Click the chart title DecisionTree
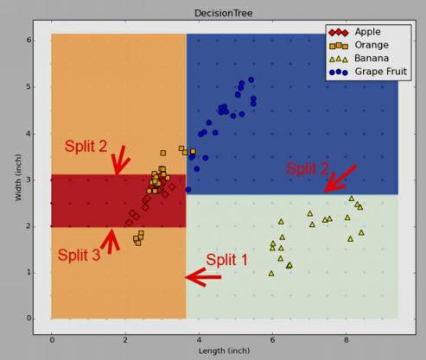point(224,13)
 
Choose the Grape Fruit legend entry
point(368,72)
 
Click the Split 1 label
point(226,260)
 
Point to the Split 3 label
point(79,255)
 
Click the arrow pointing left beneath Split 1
point(203,277)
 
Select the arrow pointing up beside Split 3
point(111,241)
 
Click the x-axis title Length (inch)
point(224,351)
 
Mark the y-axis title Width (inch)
point(18,177)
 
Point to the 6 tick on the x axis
point(272,340)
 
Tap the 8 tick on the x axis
point(347,340)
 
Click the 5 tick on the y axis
point(29,87)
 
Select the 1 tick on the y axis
point(29,273)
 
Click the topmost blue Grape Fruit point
point(251,79)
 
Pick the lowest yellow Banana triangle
point(271,274)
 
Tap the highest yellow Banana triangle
point(352,199)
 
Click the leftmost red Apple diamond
point(129,223)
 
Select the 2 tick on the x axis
point(125,340)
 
